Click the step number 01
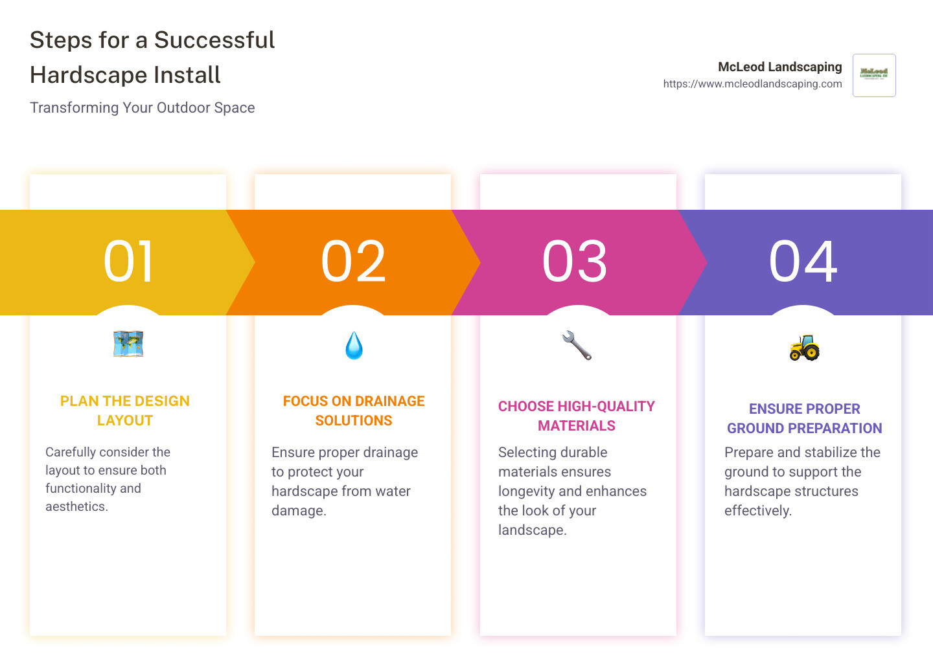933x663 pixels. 129,262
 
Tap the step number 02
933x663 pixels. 354,262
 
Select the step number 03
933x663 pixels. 575,262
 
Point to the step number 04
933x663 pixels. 803,262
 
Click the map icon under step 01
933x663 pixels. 128,344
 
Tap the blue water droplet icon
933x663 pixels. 354,346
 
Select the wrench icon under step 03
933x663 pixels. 577,345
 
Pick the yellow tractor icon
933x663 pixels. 804,348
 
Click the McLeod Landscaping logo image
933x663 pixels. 874,75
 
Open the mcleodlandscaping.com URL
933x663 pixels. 752,84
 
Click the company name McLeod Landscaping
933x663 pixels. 779,67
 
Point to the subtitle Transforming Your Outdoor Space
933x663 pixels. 143,107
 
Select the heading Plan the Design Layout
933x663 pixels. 125,410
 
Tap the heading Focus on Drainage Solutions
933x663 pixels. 354,410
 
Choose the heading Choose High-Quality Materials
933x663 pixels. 577,416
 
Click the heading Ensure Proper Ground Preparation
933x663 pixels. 804,418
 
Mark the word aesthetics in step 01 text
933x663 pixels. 75,506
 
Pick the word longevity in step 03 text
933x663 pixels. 526,491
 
